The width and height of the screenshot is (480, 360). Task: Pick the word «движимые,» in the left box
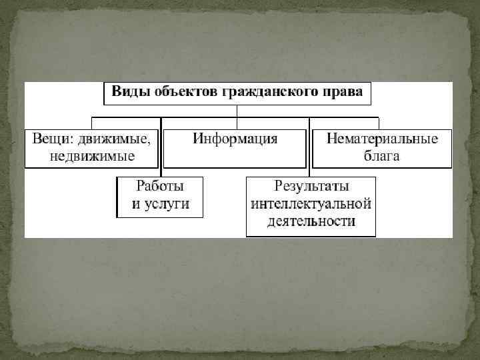114,139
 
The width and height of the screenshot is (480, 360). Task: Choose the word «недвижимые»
92,157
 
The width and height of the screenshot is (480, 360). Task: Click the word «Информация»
235,139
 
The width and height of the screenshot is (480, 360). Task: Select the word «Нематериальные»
382,139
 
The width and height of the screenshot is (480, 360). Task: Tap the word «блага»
382,157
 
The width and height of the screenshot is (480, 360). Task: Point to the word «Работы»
160,186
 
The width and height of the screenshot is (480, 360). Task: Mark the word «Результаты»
311,186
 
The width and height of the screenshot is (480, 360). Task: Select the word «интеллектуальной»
311,204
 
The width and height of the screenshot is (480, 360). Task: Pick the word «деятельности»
311,221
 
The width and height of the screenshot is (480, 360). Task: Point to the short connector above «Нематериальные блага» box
379,123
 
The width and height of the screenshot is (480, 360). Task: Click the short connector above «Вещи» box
91,123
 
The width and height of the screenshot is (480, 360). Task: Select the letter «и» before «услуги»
135,204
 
